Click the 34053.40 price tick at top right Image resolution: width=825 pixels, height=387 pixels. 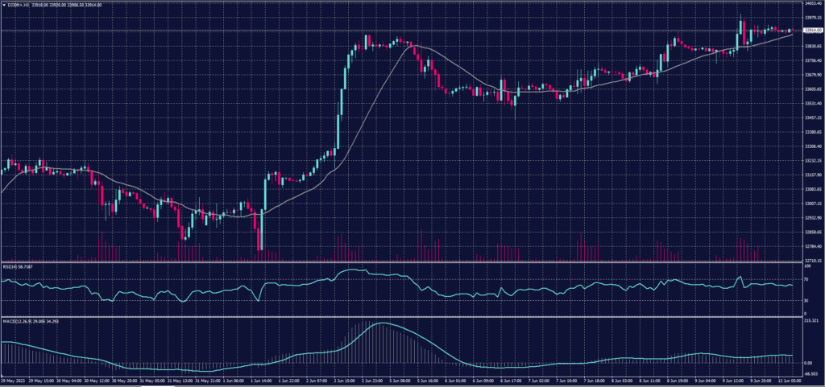tap(810, 3)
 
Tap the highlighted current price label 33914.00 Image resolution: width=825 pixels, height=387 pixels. tap(810, 31)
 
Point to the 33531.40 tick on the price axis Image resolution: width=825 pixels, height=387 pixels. tap(810, 104)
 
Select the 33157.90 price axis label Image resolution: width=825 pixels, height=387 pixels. tap(810, 175)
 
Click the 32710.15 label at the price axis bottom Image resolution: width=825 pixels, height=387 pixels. tap(810, 261)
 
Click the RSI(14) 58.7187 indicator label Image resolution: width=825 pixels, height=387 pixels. tap(19, 266)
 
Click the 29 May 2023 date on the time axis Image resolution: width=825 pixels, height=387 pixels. tap(14, 380)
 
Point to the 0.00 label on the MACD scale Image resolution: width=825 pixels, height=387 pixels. tap(806, 363)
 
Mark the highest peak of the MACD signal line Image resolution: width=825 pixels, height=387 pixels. tap(384, 323)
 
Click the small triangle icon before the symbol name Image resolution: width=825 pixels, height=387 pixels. tap(4, 4)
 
